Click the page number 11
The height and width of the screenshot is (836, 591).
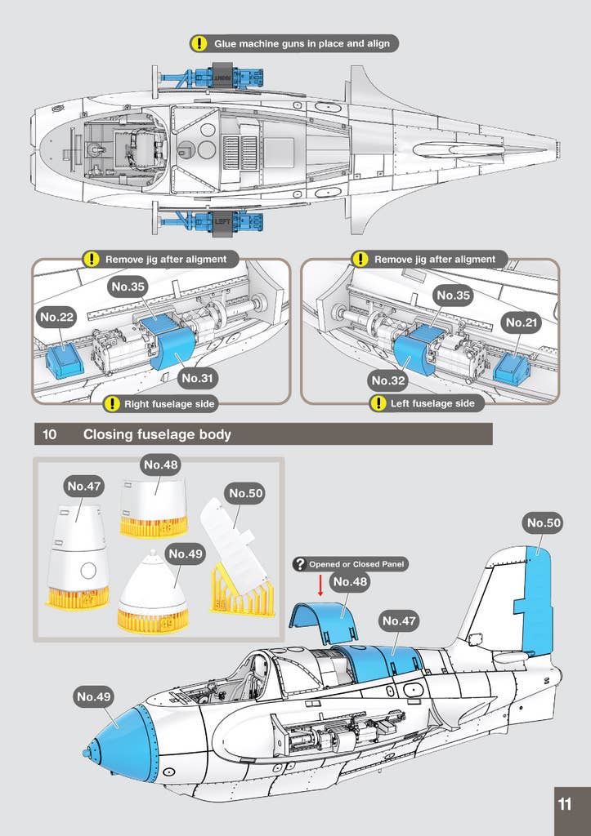565,803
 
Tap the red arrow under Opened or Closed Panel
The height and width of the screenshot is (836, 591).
320,584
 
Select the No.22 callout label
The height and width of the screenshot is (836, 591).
57,318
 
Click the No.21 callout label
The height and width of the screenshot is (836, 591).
522,322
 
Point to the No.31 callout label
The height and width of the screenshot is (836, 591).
199,378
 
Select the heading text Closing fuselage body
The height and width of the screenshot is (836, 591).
157,434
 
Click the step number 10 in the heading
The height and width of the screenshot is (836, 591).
50,434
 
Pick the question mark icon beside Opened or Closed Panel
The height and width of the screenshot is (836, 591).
300,564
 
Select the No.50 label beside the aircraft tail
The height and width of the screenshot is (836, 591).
544,522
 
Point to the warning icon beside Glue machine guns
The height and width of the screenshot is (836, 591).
199,43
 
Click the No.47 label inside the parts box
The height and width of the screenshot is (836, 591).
84,486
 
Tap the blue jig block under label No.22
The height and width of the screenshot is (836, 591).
65,360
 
